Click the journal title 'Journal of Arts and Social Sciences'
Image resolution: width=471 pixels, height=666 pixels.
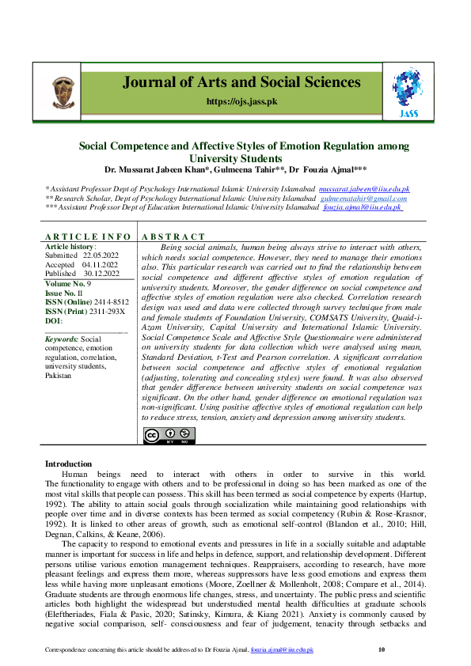(x=240, y=83)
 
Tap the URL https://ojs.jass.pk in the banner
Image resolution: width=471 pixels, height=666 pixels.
(x=240, y=102)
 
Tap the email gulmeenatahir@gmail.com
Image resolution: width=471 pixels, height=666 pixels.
(x=360, y=199)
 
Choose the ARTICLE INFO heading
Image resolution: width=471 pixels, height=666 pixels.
(x=87, y=237)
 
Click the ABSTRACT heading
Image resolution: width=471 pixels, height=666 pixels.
(x=173, y=237)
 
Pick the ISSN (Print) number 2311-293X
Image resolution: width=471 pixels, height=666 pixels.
(x=107, y=311)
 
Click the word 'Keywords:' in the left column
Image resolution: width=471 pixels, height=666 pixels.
(x=62, y=339)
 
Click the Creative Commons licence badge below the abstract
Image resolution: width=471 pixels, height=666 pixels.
(x=169, y=436)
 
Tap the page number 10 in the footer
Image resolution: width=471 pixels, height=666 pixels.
(x=381, y=649)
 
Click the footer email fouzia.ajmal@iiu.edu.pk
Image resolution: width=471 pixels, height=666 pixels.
(x=282, y=649)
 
